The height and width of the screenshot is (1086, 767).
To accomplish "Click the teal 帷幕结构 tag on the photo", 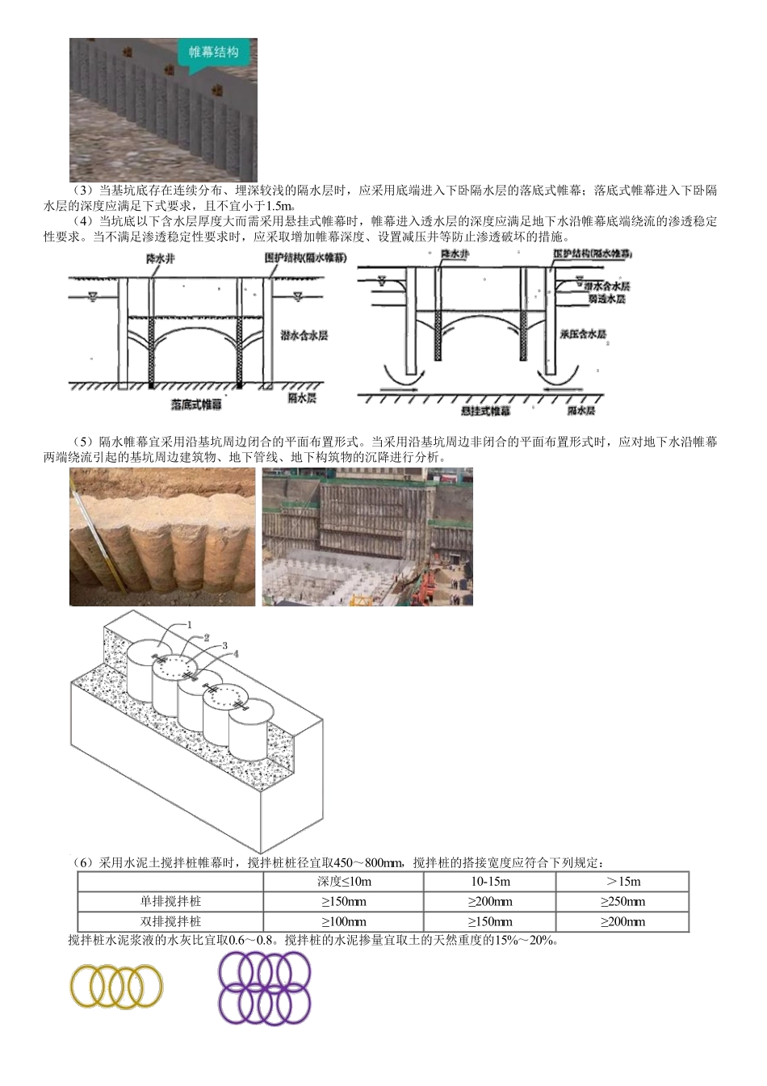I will pos(213,52).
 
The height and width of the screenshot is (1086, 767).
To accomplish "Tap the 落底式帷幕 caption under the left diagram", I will pos(196,404).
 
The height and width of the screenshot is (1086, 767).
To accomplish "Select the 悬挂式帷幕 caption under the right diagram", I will pos(485,411).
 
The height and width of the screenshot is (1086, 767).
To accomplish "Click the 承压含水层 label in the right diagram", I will pos(583,333).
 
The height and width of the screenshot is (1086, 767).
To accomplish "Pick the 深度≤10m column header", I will pos(343,882).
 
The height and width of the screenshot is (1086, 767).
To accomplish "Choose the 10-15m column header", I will pos(489,882).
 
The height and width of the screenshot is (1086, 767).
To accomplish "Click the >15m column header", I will pos(622,882).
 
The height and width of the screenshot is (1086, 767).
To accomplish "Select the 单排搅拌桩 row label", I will pos(170,902).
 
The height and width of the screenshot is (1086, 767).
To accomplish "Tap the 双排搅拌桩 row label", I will pos(170,921).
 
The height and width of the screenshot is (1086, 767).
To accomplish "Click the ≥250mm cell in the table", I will pos(622,902).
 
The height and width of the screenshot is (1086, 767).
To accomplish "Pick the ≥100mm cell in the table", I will pos(343,921).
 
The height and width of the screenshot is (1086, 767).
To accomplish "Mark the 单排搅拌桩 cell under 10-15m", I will pos(489,902).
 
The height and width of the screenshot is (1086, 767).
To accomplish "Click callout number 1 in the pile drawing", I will pos(189,624).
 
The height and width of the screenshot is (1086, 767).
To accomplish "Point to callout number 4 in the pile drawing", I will pos(236,654).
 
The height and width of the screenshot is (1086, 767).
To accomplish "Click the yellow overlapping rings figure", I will pos(116,987).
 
